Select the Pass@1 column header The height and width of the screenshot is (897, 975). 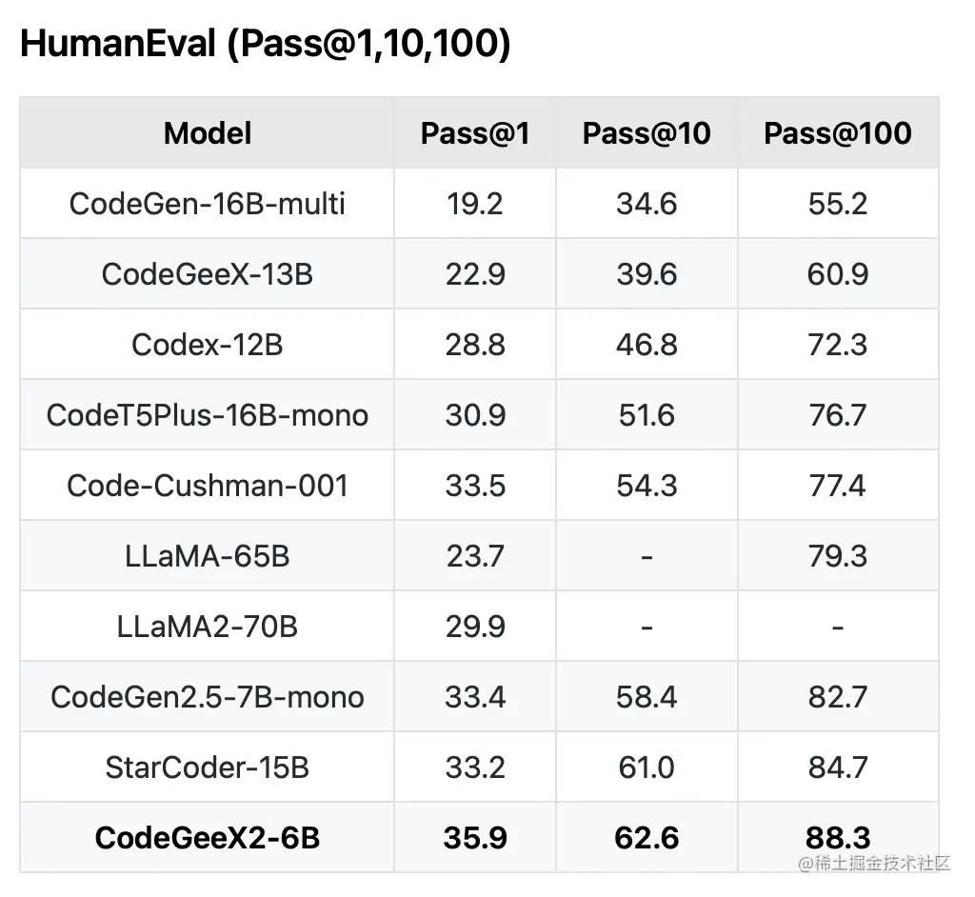pos(475,133)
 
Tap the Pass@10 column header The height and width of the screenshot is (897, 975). pos(647,133)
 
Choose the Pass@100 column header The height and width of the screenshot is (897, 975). pos(838,133)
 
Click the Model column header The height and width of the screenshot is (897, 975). pos(208,133)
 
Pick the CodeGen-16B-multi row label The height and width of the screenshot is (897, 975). pos(208,204)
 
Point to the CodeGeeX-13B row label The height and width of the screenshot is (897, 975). pos(208,274)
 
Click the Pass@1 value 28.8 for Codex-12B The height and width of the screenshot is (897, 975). pos(475,345)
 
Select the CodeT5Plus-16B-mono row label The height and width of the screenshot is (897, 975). pos(208,415)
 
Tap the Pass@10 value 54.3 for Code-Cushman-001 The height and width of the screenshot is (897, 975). pos(647,486)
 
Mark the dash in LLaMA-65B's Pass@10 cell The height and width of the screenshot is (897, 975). pos(647,556)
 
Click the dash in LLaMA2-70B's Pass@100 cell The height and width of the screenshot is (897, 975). pos(838,627)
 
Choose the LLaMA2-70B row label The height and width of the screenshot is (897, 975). pos(208,627)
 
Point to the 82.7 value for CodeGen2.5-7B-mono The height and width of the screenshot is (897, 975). pos(838,697)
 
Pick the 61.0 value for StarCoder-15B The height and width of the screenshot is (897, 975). pos(647,767)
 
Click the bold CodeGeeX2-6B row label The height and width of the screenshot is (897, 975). pos(208,838)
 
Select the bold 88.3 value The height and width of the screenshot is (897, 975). pos(838,838)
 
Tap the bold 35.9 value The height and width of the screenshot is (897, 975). pos(475,838)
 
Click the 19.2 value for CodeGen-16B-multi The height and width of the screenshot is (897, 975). pos(475,204)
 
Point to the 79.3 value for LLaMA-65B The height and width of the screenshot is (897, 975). pos(838,556)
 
